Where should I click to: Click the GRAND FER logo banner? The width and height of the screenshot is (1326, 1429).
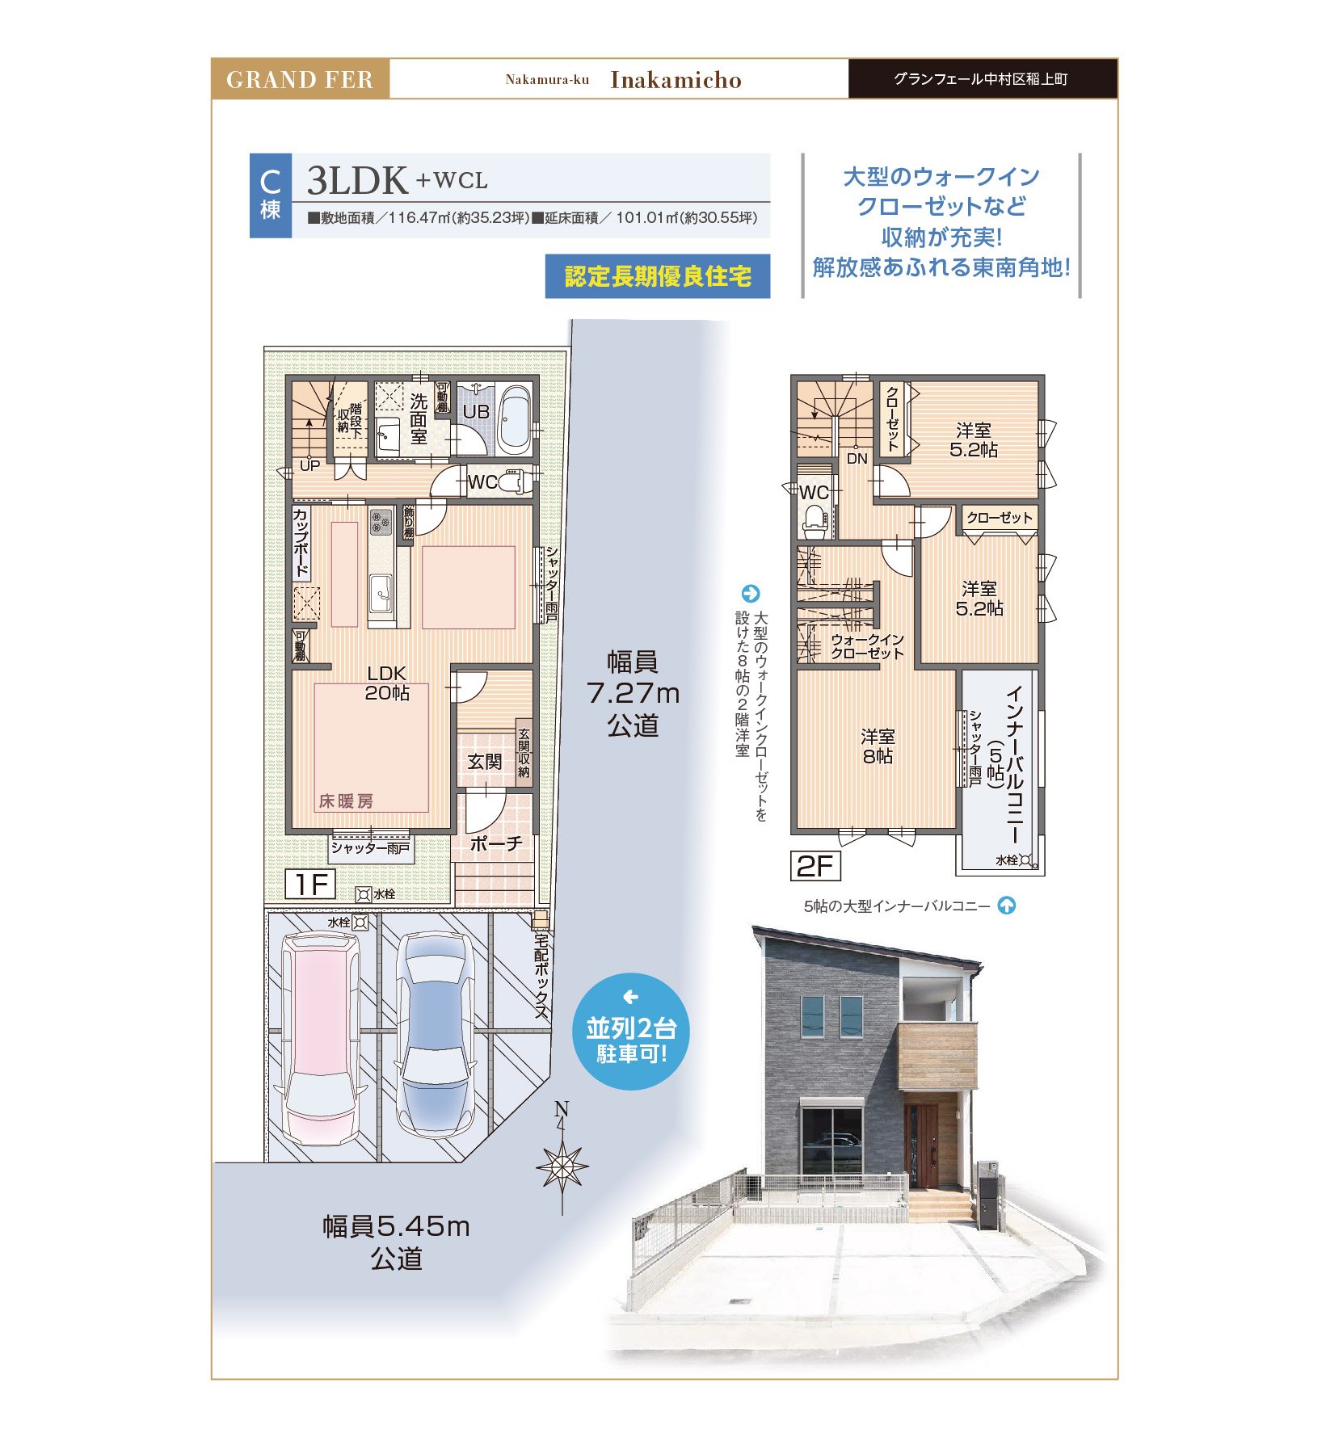tap(300, 79)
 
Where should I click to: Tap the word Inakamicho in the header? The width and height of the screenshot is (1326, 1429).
tap(676, 80)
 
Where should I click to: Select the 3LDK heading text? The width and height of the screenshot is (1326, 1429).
tap(357, 180)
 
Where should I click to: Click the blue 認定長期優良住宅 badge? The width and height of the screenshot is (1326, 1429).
tap(657, 276)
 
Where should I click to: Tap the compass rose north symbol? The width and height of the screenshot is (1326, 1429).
tap(562, 1164)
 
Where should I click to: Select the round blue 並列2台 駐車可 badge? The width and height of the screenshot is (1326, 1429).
tap(630, 1032)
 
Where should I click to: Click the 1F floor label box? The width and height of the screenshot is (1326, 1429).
tap(310, 884)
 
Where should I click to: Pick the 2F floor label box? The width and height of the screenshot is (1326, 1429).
tap(815, 866)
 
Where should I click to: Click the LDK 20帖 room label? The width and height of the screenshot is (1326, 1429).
tap(387, 683)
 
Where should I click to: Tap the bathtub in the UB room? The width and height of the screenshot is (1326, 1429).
tap(515, 421)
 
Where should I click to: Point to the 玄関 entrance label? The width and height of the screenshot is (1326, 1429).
tap(484, 761)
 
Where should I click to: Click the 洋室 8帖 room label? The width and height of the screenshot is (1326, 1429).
tap(877, 746)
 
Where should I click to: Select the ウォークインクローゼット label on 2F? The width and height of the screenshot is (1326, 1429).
tap(867, 646)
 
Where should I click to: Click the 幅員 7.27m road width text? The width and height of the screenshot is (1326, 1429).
tap(633, 693)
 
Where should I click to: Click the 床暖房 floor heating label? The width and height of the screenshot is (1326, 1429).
tap(346, 801)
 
